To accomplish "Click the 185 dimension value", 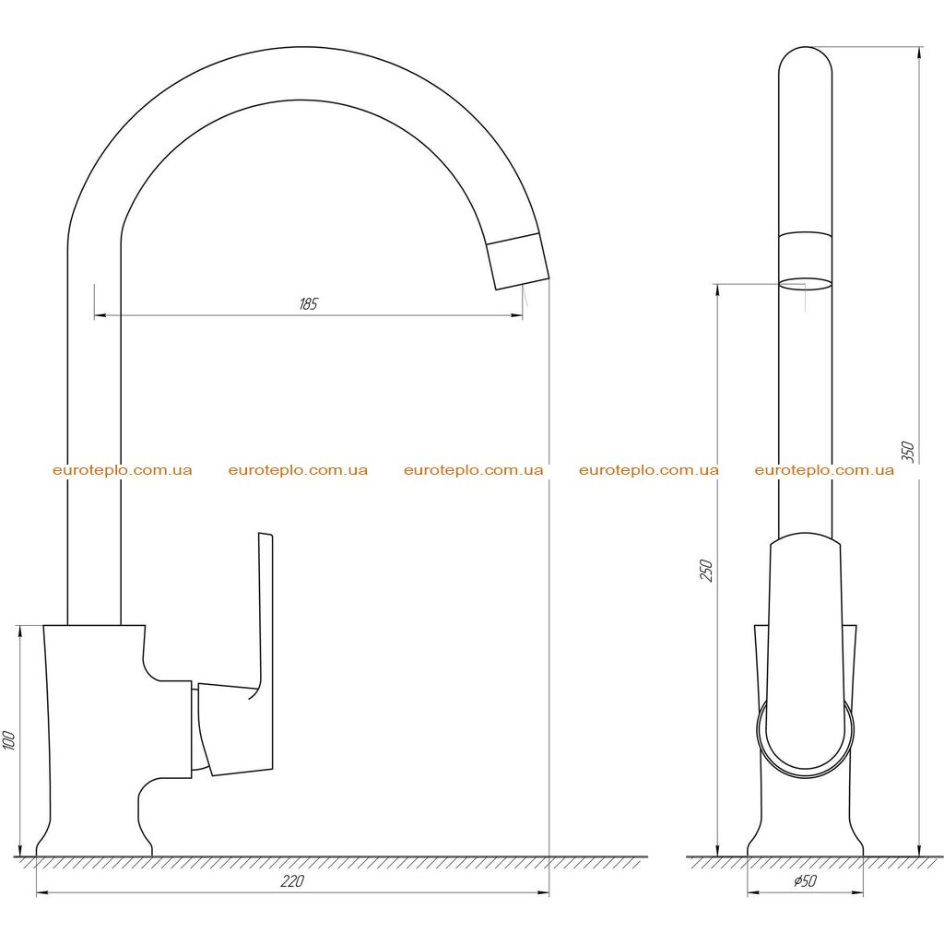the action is point(308,303).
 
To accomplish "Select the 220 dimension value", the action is point(292,880).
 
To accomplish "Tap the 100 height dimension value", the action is point(8,740).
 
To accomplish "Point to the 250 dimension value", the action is point(707,570).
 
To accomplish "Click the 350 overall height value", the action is point(908,452).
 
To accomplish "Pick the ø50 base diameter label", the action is point(805,880).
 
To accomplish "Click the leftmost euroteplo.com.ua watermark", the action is point(123,470).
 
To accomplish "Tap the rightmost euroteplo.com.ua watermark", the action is point(824,470).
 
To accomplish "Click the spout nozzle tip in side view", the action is point(518,261).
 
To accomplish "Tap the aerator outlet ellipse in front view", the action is point(805,284).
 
